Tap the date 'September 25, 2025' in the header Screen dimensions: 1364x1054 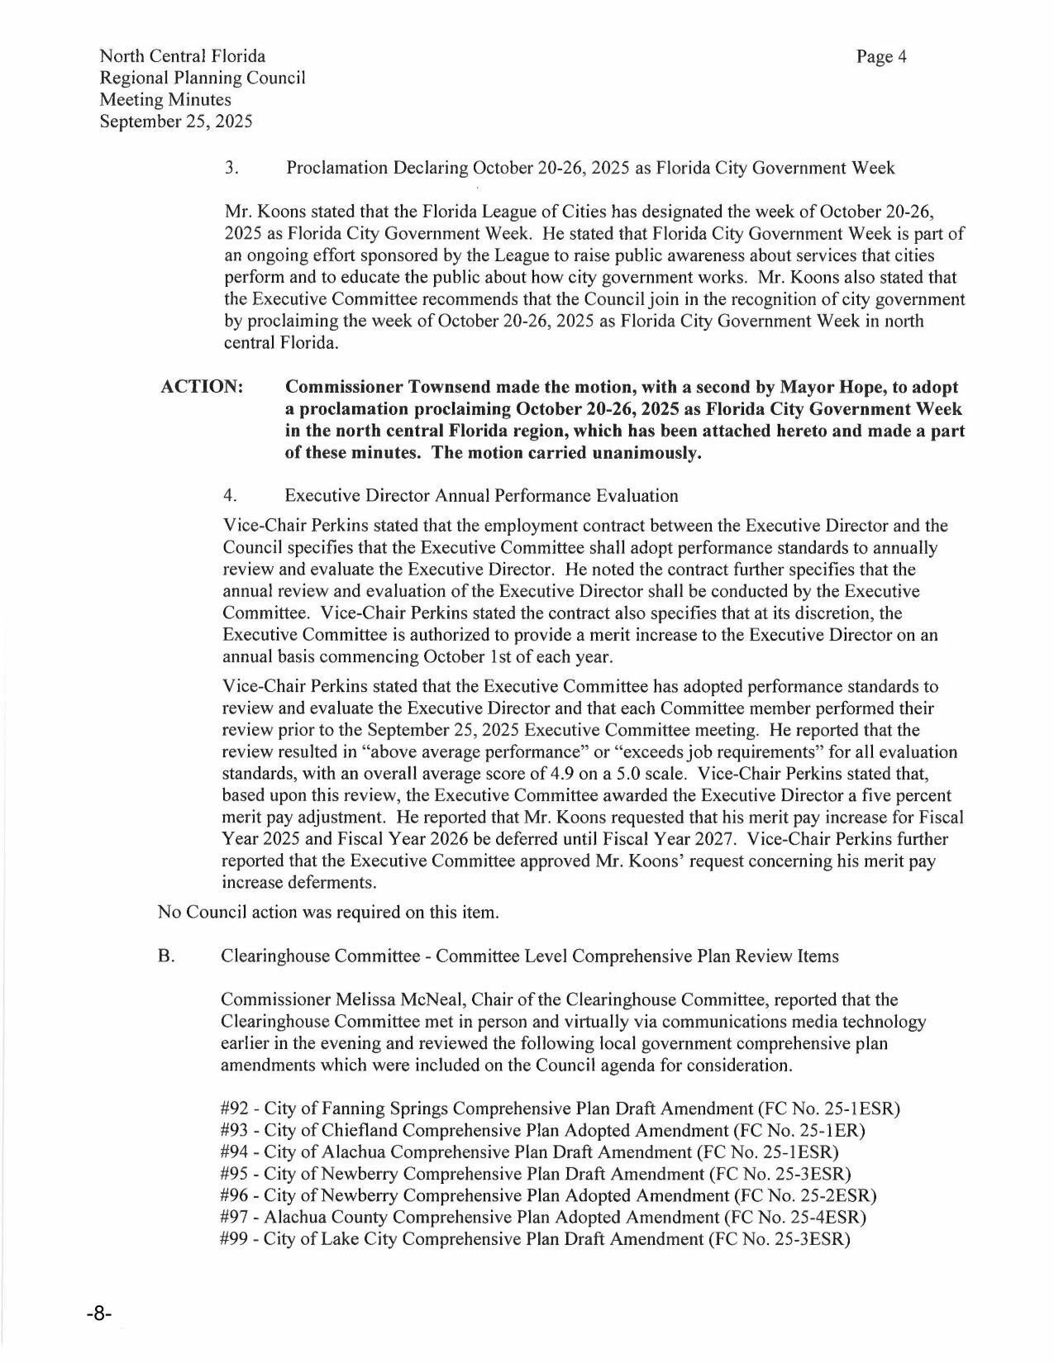[175, 122]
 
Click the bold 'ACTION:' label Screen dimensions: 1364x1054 [202, 388]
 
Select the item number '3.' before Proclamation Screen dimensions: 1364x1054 [231, 169]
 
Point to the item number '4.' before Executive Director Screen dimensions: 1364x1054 [231, 496]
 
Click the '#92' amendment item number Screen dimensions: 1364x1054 [236, 1109]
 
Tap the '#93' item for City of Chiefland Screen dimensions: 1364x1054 [236, 1130]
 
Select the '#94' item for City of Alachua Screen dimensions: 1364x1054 [236, 1152]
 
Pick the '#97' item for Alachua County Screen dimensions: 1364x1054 [236, 1217]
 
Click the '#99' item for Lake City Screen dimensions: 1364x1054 [236, 1239]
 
